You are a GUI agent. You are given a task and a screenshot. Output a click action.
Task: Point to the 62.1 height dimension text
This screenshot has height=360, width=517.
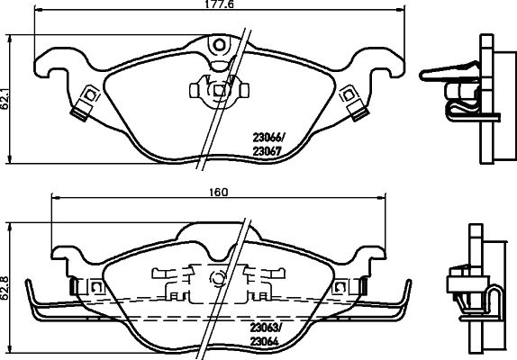click(5, 95)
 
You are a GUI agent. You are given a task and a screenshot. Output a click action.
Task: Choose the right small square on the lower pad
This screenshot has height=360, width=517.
click(340, 286)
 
